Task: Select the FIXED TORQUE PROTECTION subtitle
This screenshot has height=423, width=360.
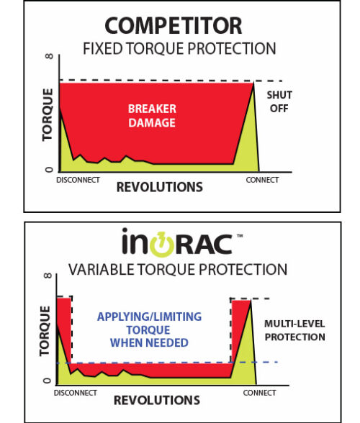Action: tap(179, 50)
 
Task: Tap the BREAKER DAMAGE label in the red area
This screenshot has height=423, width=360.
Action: tap(151, 115)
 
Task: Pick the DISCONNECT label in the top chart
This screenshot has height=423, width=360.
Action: tap(78, 180)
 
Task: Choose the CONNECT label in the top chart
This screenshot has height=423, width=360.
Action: tap(262, 180)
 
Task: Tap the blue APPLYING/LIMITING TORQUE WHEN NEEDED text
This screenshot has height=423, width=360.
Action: tap(150, 329)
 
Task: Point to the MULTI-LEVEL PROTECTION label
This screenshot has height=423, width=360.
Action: tap(294, 331)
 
